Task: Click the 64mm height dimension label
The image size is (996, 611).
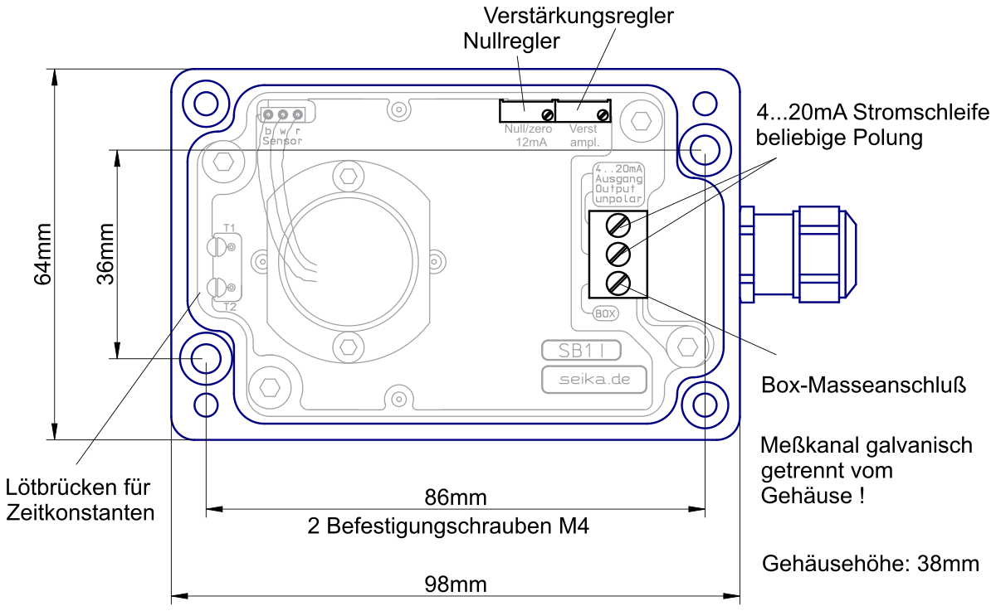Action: click(43, 254)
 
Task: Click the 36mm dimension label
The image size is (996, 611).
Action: click(106, 254)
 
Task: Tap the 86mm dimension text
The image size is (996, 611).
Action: click(456, 497)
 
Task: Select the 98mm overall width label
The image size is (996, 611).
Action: click(456, 584)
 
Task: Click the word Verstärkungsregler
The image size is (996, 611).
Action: click(579, 17)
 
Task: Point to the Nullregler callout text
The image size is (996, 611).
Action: click(511, 41)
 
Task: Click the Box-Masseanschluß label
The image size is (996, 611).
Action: click(863, 385)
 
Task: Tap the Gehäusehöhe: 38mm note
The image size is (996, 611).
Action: click(871, 564)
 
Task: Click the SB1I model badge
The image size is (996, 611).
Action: click(581, 351)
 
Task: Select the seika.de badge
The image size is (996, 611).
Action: click(594, 379)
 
